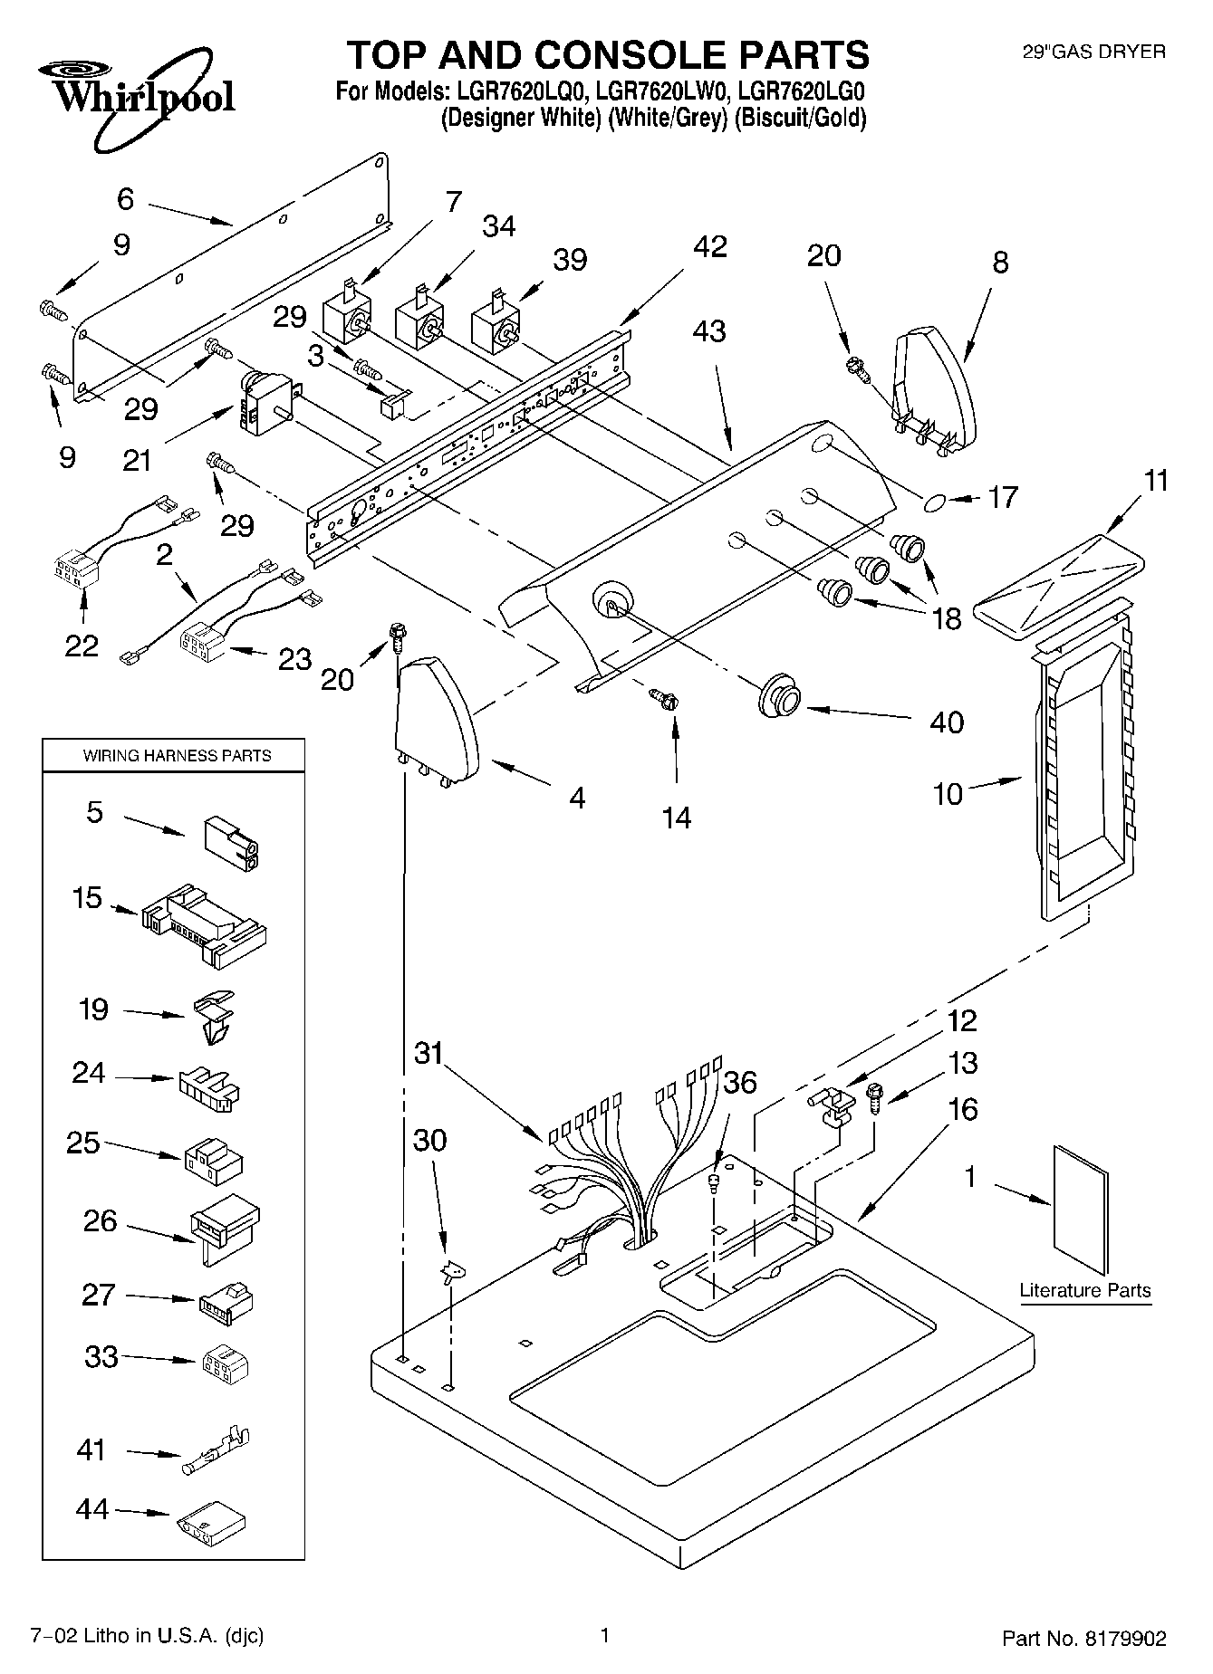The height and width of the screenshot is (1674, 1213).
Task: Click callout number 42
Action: tap(710, 246)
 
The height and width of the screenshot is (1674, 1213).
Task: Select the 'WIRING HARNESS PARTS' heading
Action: tap(178, 755)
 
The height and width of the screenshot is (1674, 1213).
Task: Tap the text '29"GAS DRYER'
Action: tap(1093, 53)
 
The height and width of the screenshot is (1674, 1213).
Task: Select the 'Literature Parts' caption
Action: tap(1085, 1291)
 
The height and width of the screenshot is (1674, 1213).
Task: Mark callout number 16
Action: tap(962, 1108)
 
